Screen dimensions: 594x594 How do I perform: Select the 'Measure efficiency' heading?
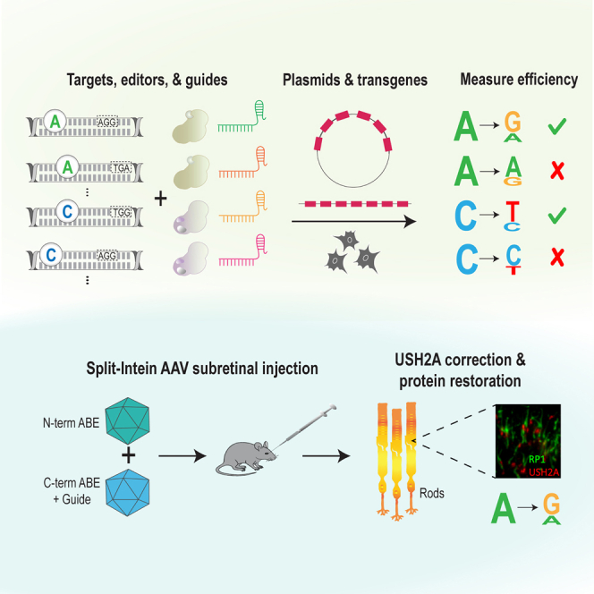[x=519, y=81]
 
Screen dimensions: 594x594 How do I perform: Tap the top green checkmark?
[x=558, y=127]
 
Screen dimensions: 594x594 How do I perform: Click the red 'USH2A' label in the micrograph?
[x=542, y=471]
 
